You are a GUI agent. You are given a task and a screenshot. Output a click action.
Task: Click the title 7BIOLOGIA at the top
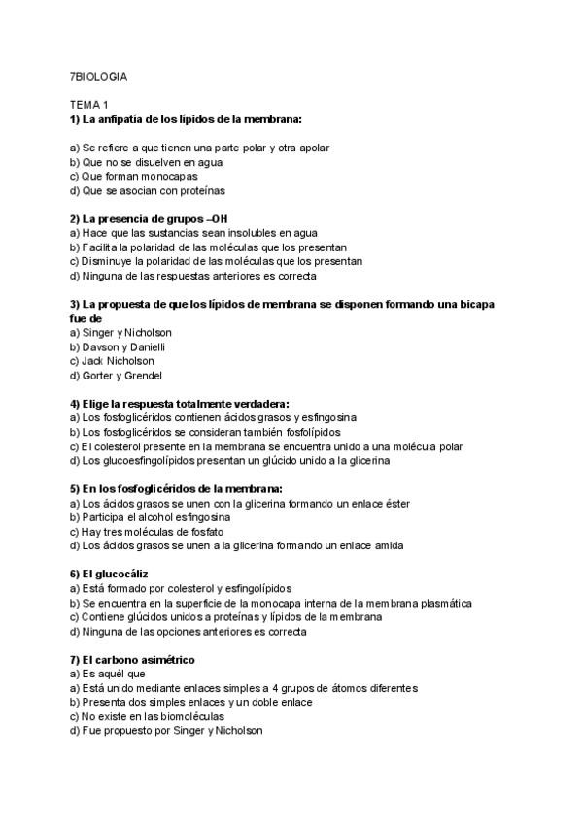98,76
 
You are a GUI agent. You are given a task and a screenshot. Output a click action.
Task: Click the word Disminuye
107,261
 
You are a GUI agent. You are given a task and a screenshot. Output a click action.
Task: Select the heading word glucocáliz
121,575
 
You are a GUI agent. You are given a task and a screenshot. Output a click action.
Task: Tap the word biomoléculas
190,716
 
